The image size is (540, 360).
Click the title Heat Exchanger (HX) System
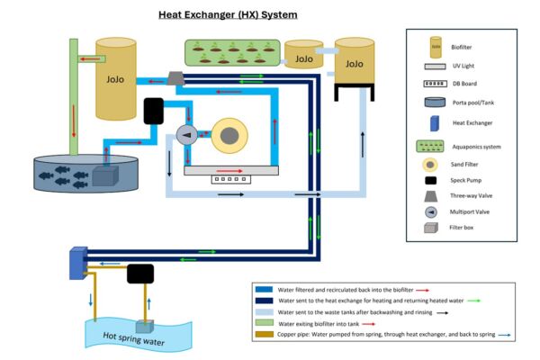tap(228, 14)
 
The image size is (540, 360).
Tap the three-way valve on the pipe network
tap(175, 80)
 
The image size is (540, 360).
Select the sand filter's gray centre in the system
tap(230, 135)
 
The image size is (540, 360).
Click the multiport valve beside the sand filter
tap(187, 136)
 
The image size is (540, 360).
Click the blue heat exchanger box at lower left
tap(76, 262)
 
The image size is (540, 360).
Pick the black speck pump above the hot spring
tap(140, 274)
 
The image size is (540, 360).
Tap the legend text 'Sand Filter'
tap(474, 165)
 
